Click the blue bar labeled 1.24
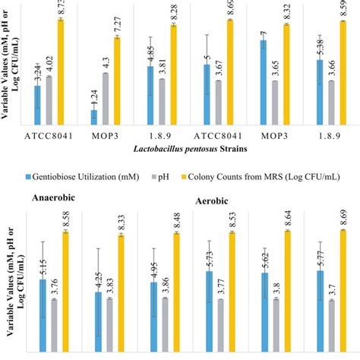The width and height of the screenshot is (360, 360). [x=94, y=116]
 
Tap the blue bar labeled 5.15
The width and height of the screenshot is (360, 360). [x=43, y=311]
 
